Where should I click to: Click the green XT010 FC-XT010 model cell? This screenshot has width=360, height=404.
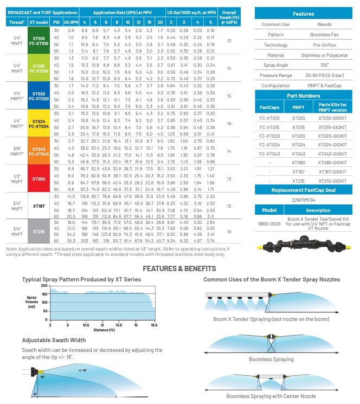39,41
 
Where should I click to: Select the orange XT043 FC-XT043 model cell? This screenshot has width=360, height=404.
39,151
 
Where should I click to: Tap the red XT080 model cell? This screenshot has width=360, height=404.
39,178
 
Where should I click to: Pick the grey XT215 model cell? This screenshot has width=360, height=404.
39,231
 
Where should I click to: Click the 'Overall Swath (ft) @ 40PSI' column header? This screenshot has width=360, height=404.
229,17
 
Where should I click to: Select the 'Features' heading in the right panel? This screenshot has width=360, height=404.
303,14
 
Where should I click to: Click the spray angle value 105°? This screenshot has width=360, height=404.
325,65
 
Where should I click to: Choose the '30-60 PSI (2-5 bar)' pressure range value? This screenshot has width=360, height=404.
325,75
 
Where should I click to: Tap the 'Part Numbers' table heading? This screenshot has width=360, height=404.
303,95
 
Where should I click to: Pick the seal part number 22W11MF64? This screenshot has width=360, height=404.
303,200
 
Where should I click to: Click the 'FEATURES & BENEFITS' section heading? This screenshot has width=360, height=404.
179,268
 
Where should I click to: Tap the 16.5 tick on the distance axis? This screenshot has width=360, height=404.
153,325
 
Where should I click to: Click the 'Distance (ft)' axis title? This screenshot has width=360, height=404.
103,330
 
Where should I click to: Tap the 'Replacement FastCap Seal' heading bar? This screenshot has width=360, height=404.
303,190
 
